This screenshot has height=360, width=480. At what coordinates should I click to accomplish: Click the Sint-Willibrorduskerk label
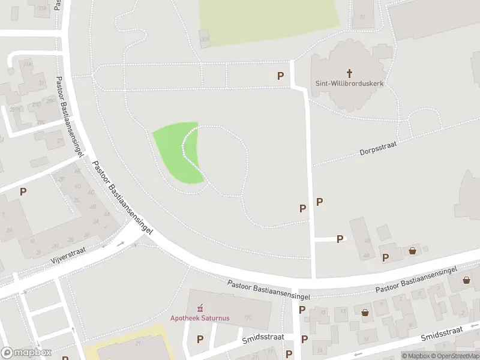pyautogui.click(x=349, y=83)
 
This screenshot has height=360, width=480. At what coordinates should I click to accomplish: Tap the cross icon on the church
pyautogui.click(x=349, y=73)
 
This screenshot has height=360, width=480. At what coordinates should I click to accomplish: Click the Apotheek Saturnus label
pyautogui.click(x=200, y=317)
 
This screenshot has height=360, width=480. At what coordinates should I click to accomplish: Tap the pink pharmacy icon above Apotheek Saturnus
pyautogui.click(x=200, y=307)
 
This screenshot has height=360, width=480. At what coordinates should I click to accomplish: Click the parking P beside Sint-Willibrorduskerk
pyautogui.click(x=280, y=76)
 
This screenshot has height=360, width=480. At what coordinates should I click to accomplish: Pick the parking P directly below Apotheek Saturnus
pyautogui.click(x=200, y=340)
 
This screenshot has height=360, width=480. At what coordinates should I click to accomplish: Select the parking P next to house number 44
pyautogui.click(x=386, y=257)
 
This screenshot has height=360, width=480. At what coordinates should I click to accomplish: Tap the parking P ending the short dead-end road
pyautogui.click(x=340, y=239)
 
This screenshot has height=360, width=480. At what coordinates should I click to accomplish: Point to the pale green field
pyautogui.click(x=270, y=21)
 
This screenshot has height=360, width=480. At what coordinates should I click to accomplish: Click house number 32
pyautogui.click(x=362, y=17)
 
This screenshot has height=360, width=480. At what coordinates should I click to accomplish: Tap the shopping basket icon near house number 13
pyautogui.click(x=365, y=312)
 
